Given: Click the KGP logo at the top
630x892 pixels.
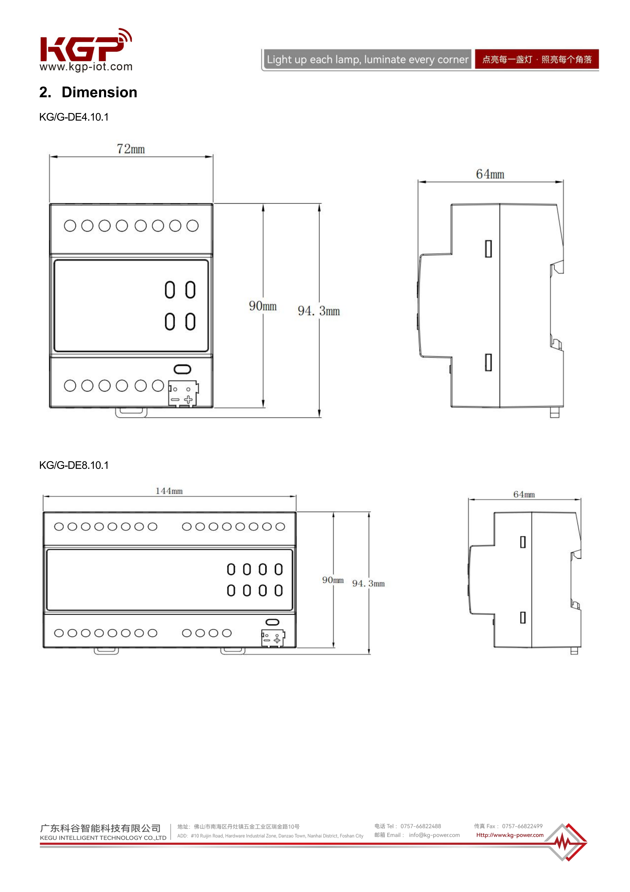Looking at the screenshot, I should (86, 46).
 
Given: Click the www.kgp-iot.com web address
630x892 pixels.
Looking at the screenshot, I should (86, 67).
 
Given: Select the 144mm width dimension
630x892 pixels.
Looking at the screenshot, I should (169, 491).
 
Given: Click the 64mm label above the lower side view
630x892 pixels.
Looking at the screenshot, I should (524, 495).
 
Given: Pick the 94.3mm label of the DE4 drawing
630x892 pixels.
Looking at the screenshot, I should (319, 311).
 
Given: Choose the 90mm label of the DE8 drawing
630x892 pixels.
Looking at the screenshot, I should (333, 580).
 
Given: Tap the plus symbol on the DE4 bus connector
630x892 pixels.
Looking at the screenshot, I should (188, 399).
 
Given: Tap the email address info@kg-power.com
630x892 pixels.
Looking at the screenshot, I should (434, 835).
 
